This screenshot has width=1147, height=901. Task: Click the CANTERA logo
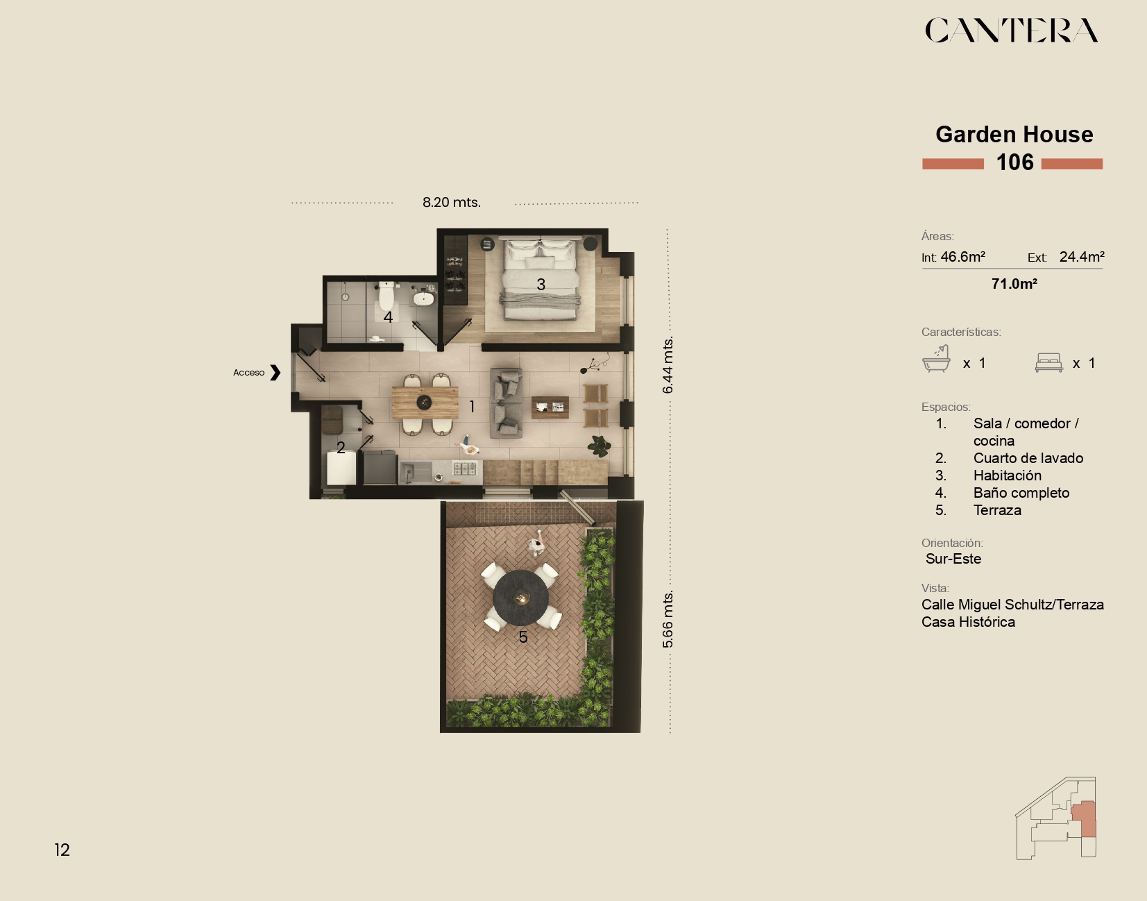coord(1012,30)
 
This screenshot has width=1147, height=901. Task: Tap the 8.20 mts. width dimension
coord(451,202)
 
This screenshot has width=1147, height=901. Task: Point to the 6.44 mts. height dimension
coord(668,364)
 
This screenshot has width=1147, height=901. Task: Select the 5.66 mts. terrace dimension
coord(668,619)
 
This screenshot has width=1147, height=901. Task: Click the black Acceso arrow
coord(275,373)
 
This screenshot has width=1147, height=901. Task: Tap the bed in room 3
coord(539,280)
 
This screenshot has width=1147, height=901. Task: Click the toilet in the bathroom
coord(386,296)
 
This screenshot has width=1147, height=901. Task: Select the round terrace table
coord(520,598)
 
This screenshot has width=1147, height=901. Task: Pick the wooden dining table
coord(425,403)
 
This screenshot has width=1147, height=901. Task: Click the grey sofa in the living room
coord(507,403)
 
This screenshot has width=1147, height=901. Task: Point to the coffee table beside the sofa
coord(550,407)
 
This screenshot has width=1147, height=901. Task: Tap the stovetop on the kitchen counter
coord(464,468)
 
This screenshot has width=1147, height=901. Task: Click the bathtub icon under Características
coord(936,359)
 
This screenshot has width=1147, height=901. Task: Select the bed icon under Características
coord(1049,362)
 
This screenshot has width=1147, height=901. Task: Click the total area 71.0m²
coord(1014,284)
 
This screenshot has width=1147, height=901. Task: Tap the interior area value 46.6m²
coord(963,257)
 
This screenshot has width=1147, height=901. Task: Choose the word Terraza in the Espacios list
coord(997,510)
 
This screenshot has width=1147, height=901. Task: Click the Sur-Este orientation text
coord(953,559)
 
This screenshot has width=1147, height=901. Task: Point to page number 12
coord(62,850)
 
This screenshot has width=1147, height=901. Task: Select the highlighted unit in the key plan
coord(1085,818)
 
